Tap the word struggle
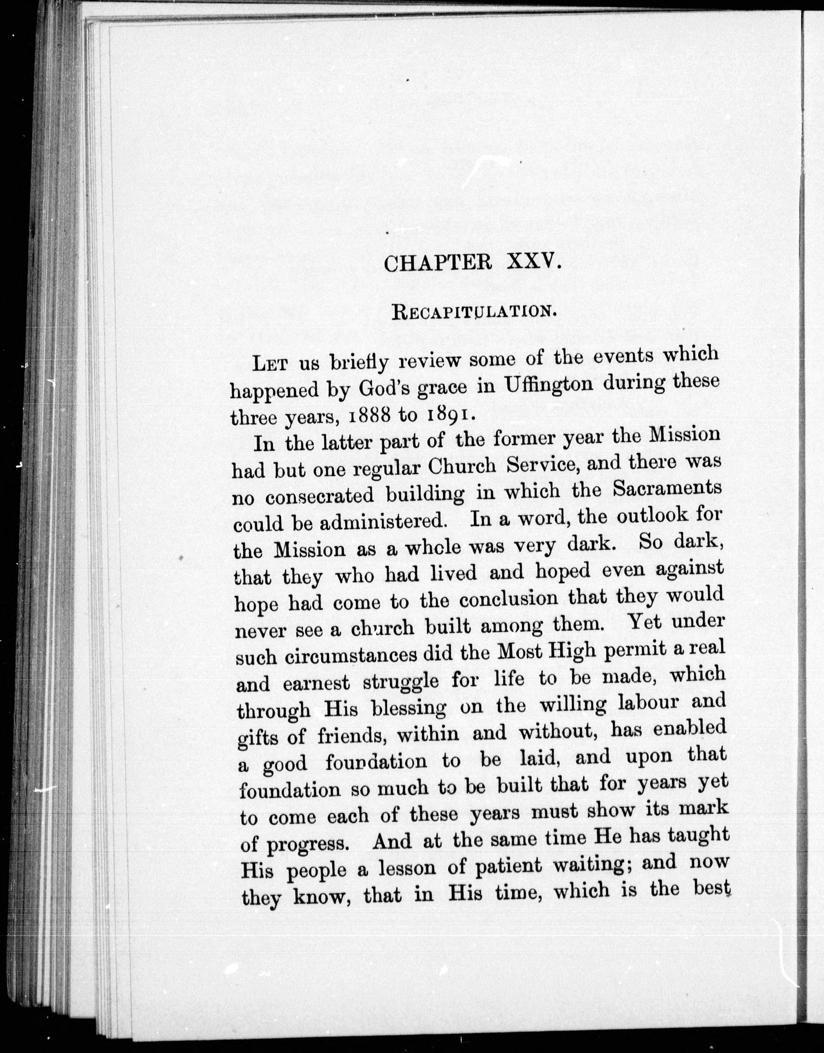pyautogui.click(x=401, y=682)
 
